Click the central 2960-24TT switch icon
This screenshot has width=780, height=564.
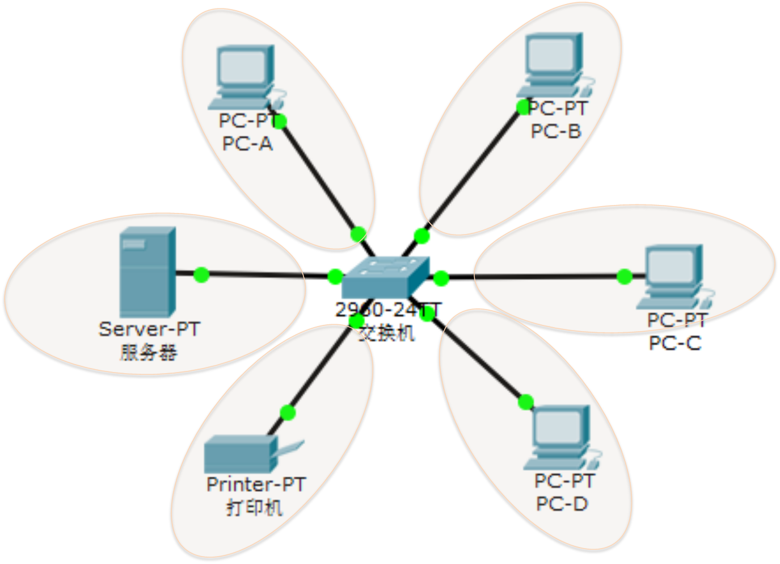pos(385,277)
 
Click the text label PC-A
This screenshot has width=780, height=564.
pos(247,144)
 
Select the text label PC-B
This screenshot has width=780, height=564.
pos(556,131)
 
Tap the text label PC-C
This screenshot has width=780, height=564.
pos(675,343)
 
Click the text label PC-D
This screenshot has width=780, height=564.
pos(562,503)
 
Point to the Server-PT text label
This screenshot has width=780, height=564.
pos(149,329)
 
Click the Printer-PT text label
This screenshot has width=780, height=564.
pos(256,484)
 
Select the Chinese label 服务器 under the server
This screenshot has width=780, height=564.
pos(149,353)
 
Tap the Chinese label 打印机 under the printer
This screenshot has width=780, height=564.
pos(254,507)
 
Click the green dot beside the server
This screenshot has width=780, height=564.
pos(201,275)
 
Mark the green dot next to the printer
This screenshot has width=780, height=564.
pos(288,412)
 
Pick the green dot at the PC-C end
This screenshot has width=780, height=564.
pos(625,277)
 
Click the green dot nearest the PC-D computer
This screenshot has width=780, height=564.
pos(526,402)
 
